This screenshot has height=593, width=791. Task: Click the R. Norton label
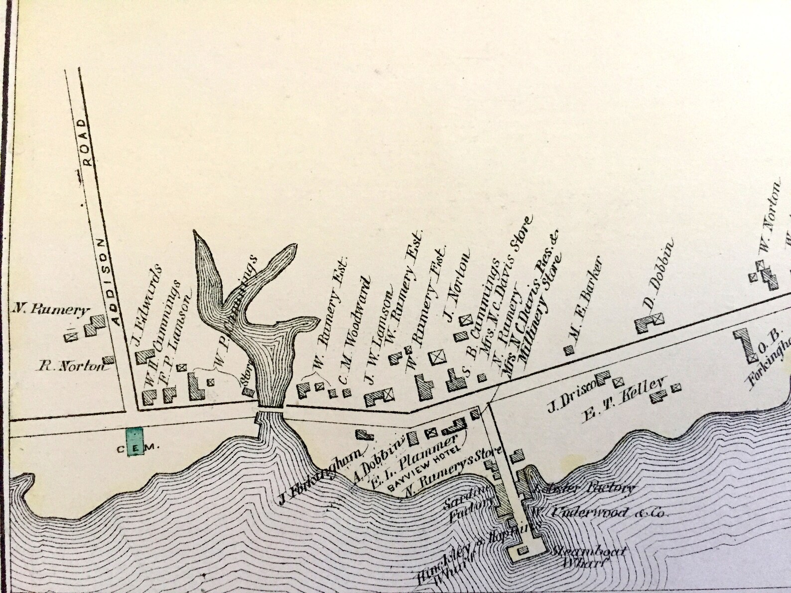[74, 367]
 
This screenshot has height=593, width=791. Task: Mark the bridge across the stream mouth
[270, 408]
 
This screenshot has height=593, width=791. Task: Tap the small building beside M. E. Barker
[567, 350]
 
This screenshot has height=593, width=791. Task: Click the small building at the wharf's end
[523, 551]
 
